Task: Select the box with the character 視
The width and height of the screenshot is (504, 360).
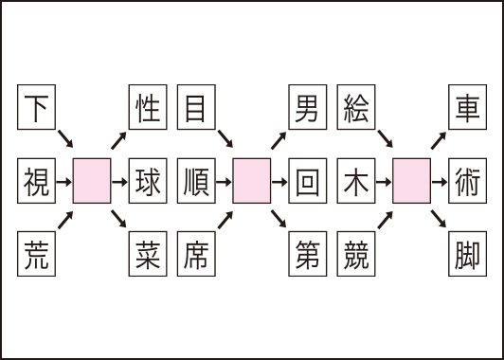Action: coord(37,179)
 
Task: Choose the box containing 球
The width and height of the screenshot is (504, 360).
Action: coord(147,179)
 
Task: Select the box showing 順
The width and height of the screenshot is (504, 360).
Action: coord(195,179)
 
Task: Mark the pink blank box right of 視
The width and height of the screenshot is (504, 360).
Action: coord(92,179)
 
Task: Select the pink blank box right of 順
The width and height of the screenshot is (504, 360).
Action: coord(251,179)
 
